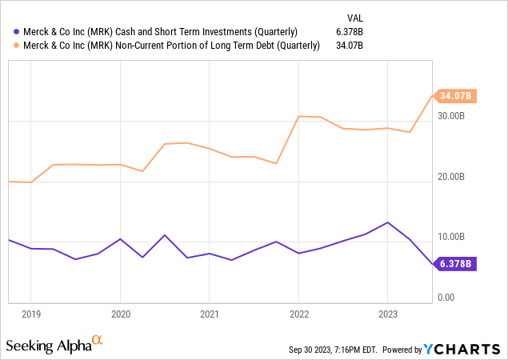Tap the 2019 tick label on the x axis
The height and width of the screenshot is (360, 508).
point(30,315)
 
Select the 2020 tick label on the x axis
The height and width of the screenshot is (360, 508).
point(120,315)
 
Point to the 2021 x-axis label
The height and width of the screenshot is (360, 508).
point(209,315)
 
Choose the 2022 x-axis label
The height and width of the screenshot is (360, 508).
point(298,315)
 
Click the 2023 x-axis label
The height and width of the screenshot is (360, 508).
point(387,315)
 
